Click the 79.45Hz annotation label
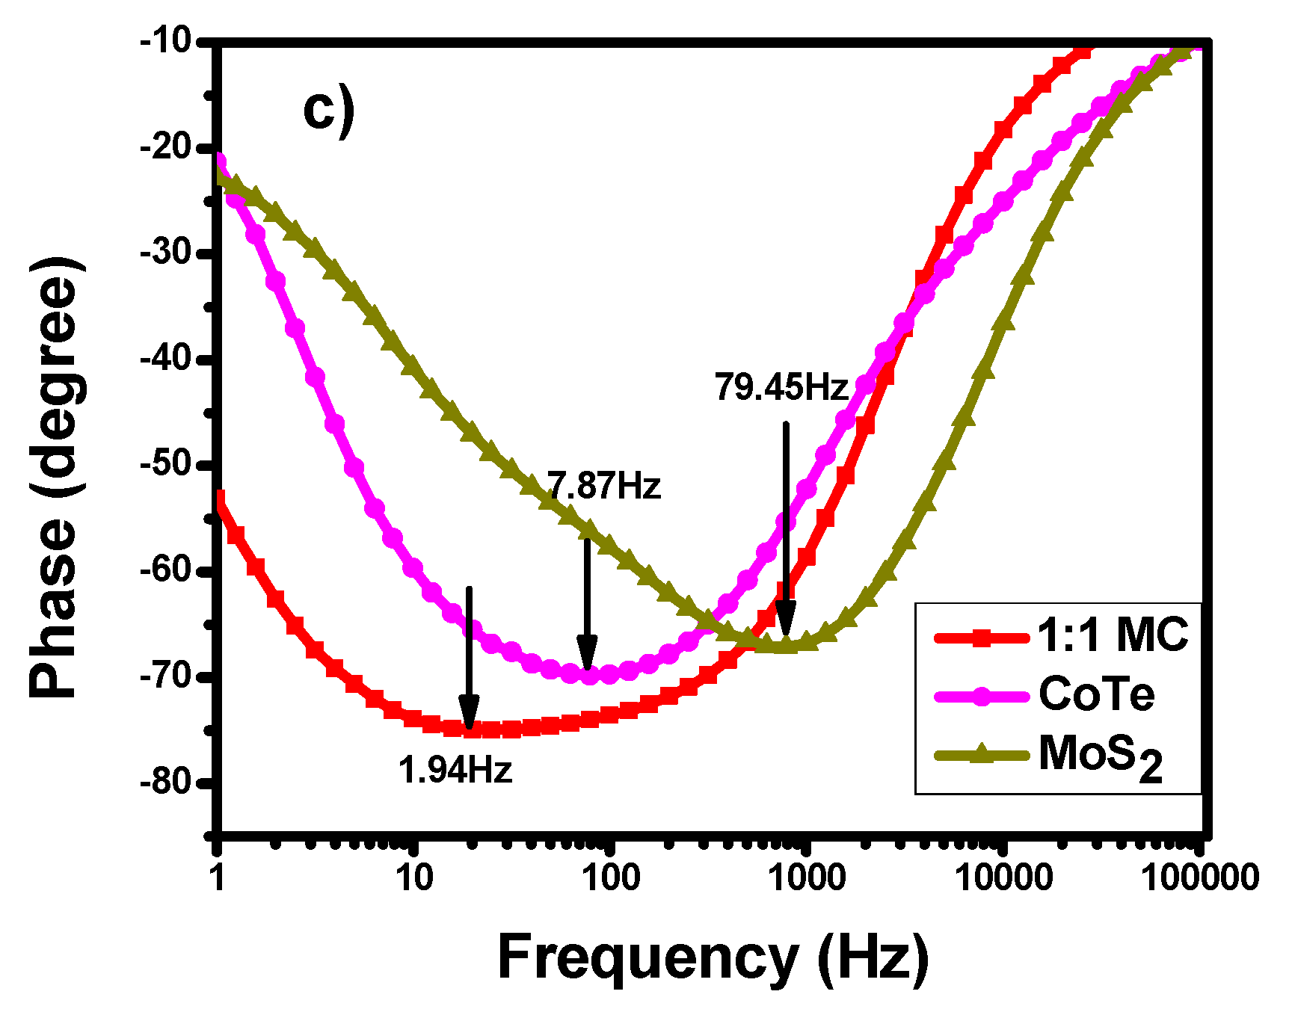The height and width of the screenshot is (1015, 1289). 781,387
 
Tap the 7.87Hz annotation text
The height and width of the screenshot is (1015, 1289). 604,486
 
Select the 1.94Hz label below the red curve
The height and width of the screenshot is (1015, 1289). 455,769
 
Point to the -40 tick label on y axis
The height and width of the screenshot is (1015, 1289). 166,358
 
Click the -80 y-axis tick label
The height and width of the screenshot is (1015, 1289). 166,783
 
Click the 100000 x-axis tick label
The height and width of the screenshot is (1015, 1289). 1199,877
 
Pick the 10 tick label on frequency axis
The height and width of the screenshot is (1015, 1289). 414,877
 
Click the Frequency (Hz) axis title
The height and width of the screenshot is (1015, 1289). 713,957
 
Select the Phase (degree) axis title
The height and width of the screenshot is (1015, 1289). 54,478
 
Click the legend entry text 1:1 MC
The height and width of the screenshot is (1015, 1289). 1113,635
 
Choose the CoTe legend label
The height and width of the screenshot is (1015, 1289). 1096,694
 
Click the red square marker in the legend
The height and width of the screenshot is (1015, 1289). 982,638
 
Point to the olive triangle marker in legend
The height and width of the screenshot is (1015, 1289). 982,754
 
